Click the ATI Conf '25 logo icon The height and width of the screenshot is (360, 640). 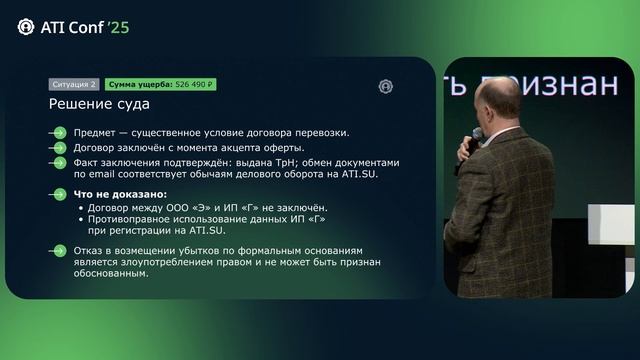[x=26, y=27]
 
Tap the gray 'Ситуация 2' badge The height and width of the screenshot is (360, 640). [x=73, y=85]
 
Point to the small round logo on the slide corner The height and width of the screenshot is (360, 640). [x=386, y=86]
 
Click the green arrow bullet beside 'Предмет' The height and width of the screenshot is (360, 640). [x=60, y=133]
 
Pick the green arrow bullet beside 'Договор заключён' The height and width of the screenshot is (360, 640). [x=60, y=147]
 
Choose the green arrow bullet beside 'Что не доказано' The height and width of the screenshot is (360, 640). [x=60, y=193]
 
